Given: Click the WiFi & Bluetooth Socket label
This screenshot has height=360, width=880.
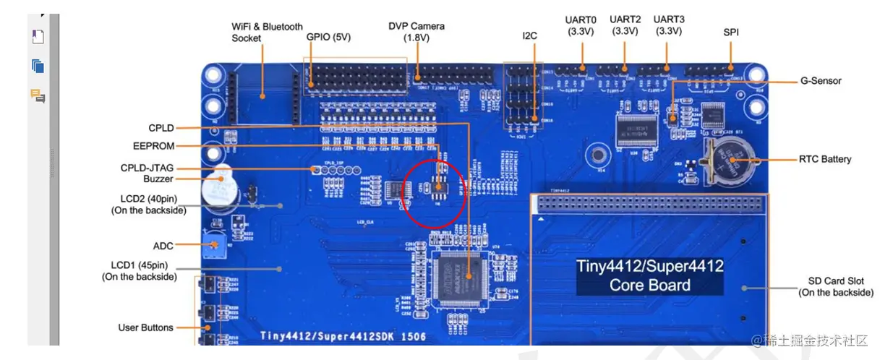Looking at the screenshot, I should tap(267, 32).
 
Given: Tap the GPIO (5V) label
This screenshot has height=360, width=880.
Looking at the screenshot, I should tap(328, 37).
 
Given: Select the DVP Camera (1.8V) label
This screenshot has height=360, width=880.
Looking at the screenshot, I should tap(416, 32).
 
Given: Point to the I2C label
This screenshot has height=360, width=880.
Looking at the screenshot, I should tap(530, 35).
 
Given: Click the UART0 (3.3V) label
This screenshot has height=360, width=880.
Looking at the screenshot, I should tap(581, 25).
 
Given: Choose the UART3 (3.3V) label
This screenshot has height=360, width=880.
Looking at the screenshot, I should tap(669, 25).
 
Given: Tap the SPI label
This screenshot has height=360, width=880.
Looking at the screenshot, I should tap(731, 33).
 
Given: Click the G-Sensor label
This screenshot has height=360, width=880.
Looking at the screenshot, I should tap(821, 81).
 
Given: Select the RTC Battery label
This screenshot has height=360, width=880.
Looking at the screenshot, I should tap(825, 159).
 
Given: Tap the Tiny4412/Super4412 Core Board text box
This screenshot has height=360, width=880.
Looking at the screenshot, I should tap(649, 275).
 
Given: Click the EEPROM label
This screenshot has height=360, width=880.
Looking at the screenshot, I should tap(153, 145).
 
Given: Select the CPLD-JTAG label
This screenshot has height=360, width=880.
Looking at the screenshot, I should tap(147, 168).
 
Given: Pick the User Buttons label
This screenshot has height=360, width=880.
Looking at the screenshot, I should tap(145, 327).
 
